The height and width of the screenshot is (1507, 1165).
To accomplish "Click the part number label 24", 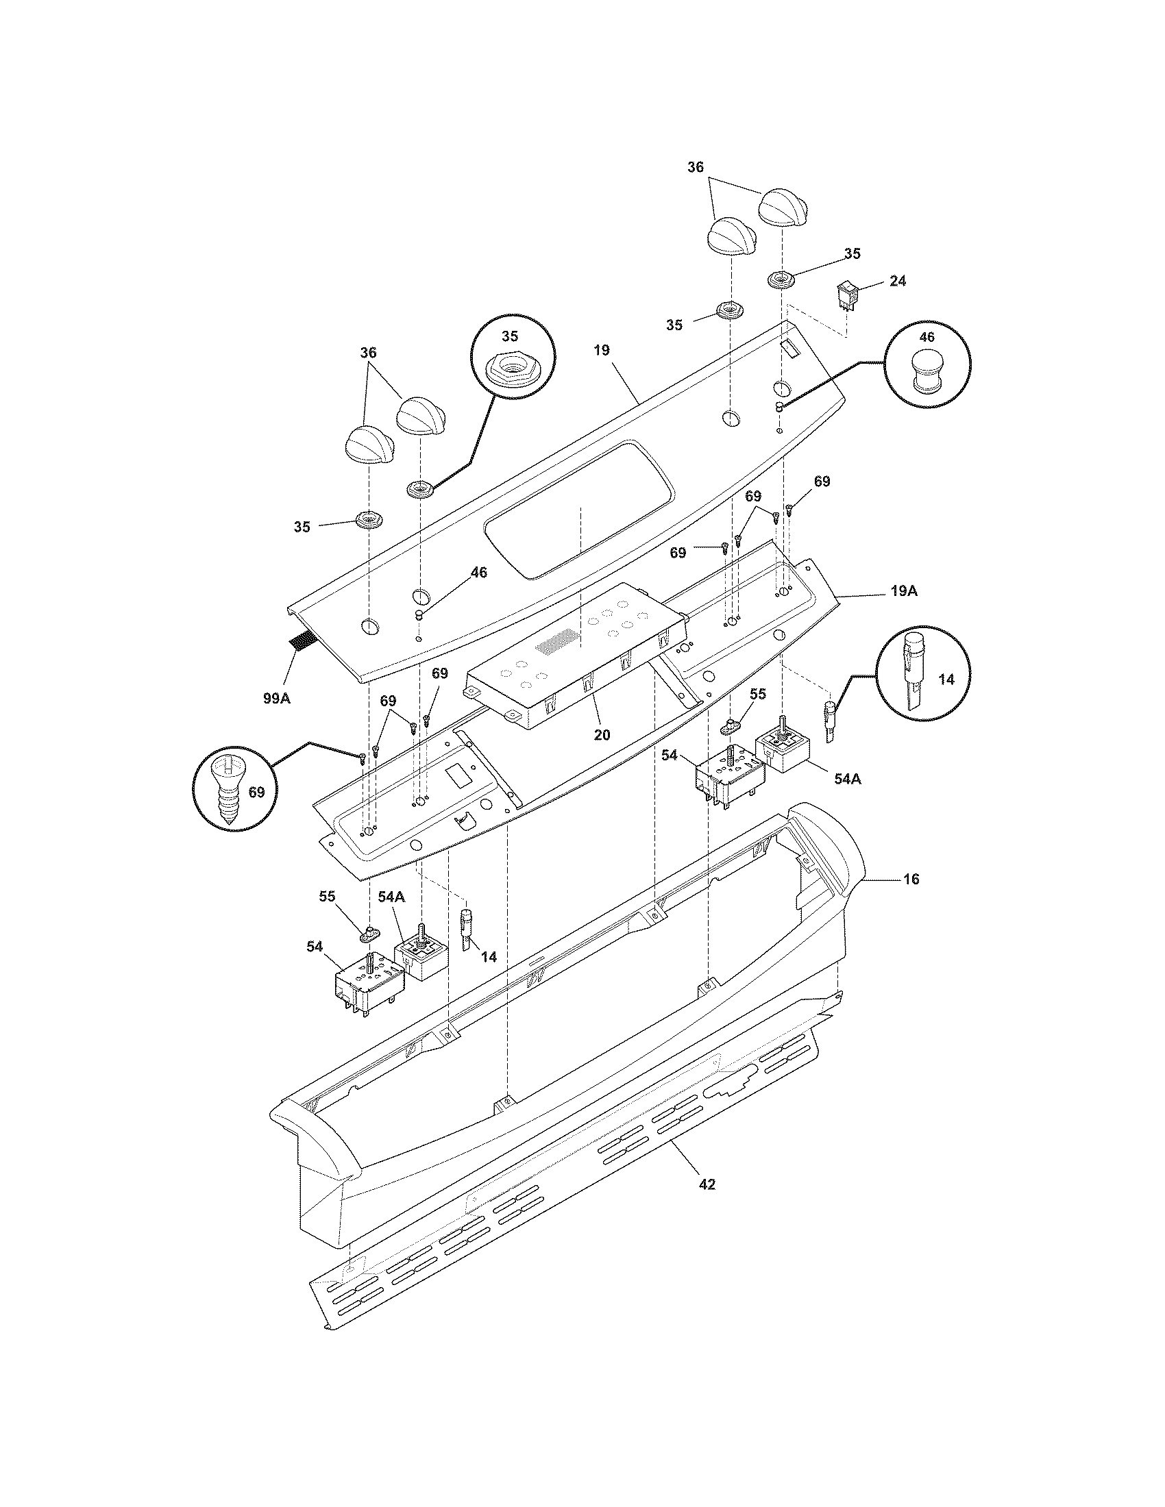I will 898,281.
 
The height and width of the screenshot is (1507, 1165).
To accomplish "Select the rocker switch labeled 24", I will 847,295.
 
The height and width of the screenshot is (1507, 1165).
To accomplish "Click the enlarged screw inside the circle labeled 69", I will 228,793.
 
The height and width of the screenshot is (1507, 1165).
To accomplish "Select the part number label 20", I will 602,735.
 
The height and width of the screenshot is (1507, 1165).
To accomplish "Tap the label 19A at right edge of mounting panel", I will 903,591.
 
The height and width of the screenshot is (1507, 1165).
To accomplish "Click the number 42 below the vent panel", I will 707,1184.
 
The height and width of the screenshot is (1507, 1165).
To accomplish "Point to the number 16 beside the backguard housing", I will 911,879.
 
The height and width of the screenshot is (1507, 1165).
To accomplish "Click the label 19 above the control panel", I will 601,350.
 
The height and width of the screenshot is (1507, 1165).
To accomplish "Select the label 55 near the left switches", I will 326,897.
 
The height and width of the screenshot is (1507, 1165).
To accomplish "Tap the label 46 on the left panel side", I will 478,572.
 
